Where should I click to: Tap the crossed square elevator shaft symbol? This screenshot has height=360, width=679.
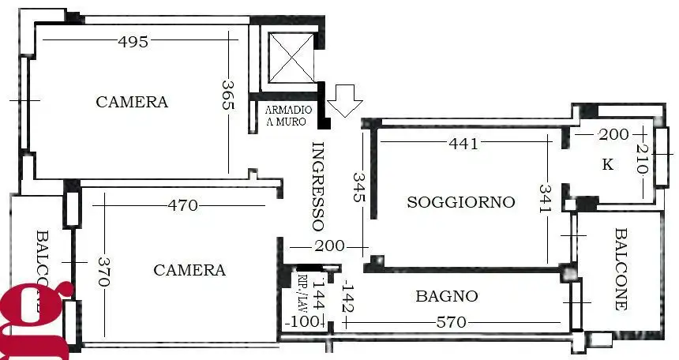[x=291, y=56]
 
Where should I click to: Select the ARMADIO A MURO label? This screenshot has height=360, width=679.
[x=287, y=115]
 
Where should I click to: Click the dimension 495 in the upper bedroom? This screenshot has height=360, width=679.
[x=132, y=42]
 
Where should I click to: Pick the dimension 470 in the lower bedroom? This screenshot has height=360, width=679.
[x=182, y=206]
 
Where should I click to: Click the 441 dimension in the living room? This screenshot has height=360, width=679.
[x=463, y=143]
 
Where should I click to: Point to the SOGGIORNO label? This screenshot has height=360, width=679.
[x=460, y=202]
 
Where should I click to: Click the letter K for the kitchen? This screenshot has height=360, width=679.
[x=607, y=165]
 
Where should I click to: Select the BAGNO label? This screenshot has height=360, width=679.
[x=446, y=296]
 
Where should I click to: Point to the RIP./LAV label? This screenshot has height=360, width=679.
[x=303, y=290]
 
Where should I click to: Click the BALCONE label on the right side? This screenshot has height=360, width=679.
[x=621, y=268]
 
